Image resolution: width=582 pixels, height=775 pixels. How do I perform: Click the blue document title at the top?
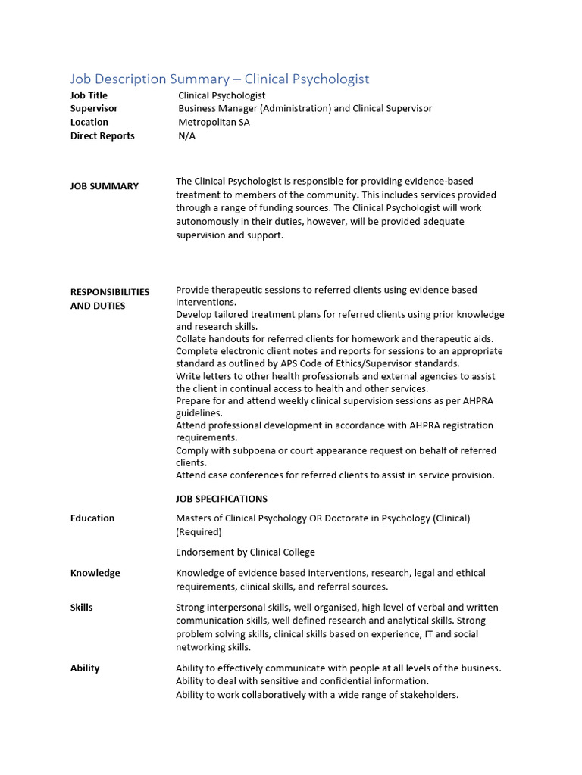point(220,79)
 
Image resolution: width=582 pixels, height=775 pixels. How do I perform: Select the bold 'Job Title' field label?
point(89,95)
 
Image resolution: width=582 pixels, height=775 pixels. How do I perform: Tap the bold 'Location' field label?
point(89,122)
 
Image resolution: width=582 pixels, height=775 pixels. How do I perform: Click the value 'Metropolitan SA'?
point(214,122)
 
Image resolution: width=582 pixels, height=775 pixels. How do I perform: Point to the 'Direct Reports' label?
point(102,135)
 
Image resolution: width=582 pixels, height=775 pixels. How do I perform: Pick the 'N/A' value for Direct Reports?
point(186,135)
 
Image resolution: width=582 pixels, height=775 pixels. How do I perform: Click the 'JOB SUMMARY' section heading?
point(105,186)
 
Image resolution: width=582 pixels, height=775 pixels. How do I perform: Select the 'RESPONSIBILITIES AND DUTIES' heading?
point(109,298)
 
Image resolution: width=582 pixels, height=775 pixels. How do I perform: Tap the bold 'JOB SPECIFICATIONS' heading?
point(221,499)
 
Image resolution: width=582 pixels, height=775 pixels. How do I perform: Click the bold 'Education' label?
point(92,518)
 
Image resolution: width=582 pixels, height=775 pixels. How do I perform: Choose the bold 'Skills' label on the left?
point(82,608)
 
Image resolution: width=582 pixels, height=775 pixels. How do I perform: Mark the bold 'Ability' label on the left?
point(85,668)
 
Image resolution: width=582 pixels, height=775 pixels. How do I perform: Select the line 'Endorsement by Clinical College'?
point(245,552)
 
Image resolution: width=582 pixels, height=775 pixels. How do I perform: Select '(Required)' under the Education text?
point(199,531)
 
